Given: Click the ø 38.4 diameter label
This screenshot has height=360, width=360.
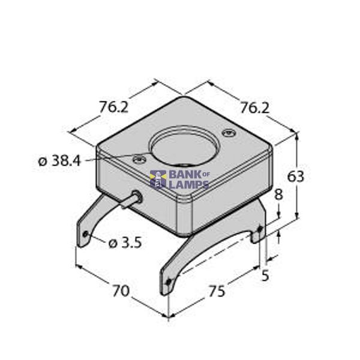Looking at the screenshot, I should pos(59,161).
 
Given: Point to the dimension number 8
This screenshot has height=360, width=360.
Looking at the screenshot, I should pos(278,196).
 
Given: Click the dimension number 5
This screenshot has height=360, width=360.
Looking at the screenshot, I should pos(265,276).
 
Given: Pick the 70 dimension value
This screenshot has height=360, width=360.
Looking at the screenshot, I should pos(121,291).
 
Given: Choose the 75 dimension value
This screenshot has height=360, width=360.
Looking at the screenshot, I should pos(216,291).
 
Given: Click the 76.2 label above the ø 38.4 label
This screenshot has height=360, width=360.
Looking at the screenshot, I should pos(114,107).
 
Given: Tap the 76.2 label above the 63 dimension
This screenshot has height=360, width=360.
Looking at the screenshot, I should pos(254,108).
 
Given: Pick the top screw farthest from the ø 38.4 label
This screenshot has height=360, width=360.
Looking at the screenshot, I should pos(227,133).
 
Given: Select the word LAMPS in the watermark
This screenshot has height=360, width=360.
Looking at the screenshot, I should pos(188,184).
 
